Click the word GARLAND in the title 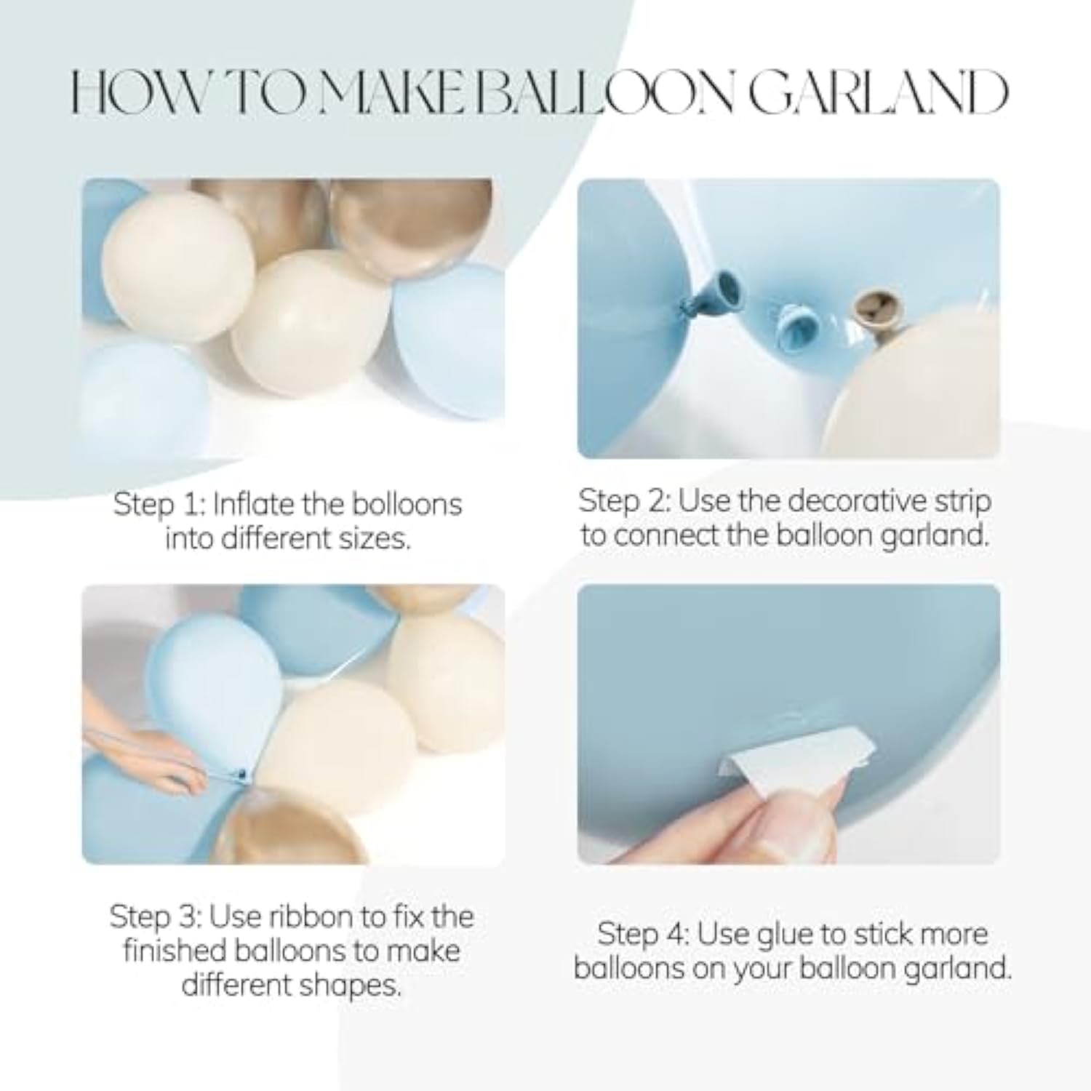[879, 94]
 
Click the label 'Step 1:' [159, 505]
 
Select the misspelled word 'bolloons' [407, 504]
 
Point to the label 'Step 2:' [625, 502]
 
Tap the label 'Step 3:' [156, 916]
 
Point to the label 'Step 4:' [644, 934]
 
